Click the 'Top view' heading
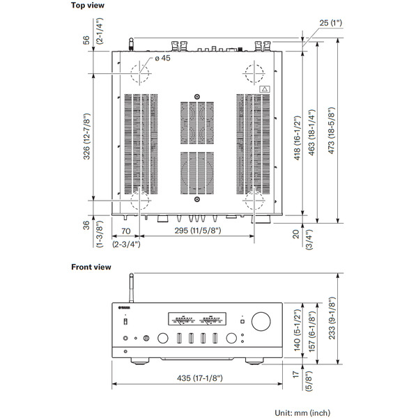tap(88, 5)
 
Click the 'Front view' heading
tap(91, 267)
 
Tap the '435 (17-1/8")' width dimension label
tap(200, 378)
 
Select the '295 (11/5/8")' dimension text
tap(198, 231)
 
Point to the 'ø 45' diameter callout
tap(162, 58)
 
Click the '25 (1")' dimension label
tap(330, 23)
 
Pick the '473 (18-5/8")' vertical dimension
tap(331, 130)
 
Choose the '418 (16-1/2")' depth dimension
tap(297, 138)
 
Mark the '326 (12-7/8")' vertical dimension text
tap(86, 137)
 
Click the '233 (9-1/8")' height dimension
tap(332, 318)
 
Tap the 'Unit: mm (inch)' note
tap(302, 413)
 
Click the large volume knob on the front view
tap(261, 321)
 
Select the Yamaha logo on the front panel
tap(124, 308)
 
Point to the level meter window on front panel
tap(197, 319)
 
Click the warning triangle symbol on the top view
tap(265, 89)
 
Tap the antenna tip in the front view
tap(131, 274)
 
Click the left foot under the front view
tap(140, 362)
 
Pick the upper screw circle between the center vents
tap(197, 97)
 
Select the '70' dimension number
tap(125, 231)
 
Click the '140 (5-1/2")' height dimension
tap(297, 330)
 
